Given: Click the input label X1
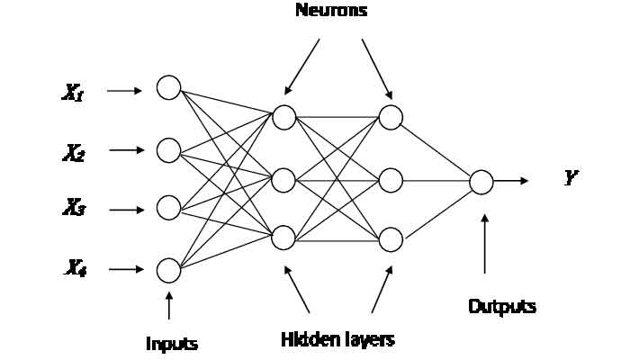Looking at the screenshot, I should pos(74,92).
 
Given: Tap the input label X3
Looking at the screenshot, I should pos(74,210).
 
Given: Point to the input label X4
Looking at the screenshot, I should pos(74,268).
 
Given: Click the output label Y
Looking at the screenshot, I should pos(571,178).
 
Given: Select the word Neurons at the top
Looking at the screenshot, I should pos(331,12).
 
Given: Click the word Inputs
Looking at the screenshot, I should pos(172,344).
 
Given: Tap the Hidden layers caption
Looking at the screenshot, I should pos(337,339).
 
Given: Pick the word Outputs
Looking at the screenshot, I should pos(502,306).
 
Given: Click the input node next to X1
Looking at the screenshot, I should pos(168,87).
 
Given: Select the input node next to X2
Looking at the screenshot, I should pos(168,149).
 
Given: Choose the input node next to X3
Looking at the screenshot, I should pos(168,208).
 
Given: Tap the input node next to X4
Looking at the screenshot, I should pos(168,269).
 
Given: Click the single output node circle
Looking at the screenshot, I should pos(481,181).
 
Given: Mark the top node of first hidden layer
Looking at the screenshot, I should pos(283,117).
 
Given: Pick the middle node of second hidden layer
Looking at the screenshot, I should pos(391,180).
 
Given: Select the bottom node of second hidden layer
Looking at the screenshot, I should pos(391,238).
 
